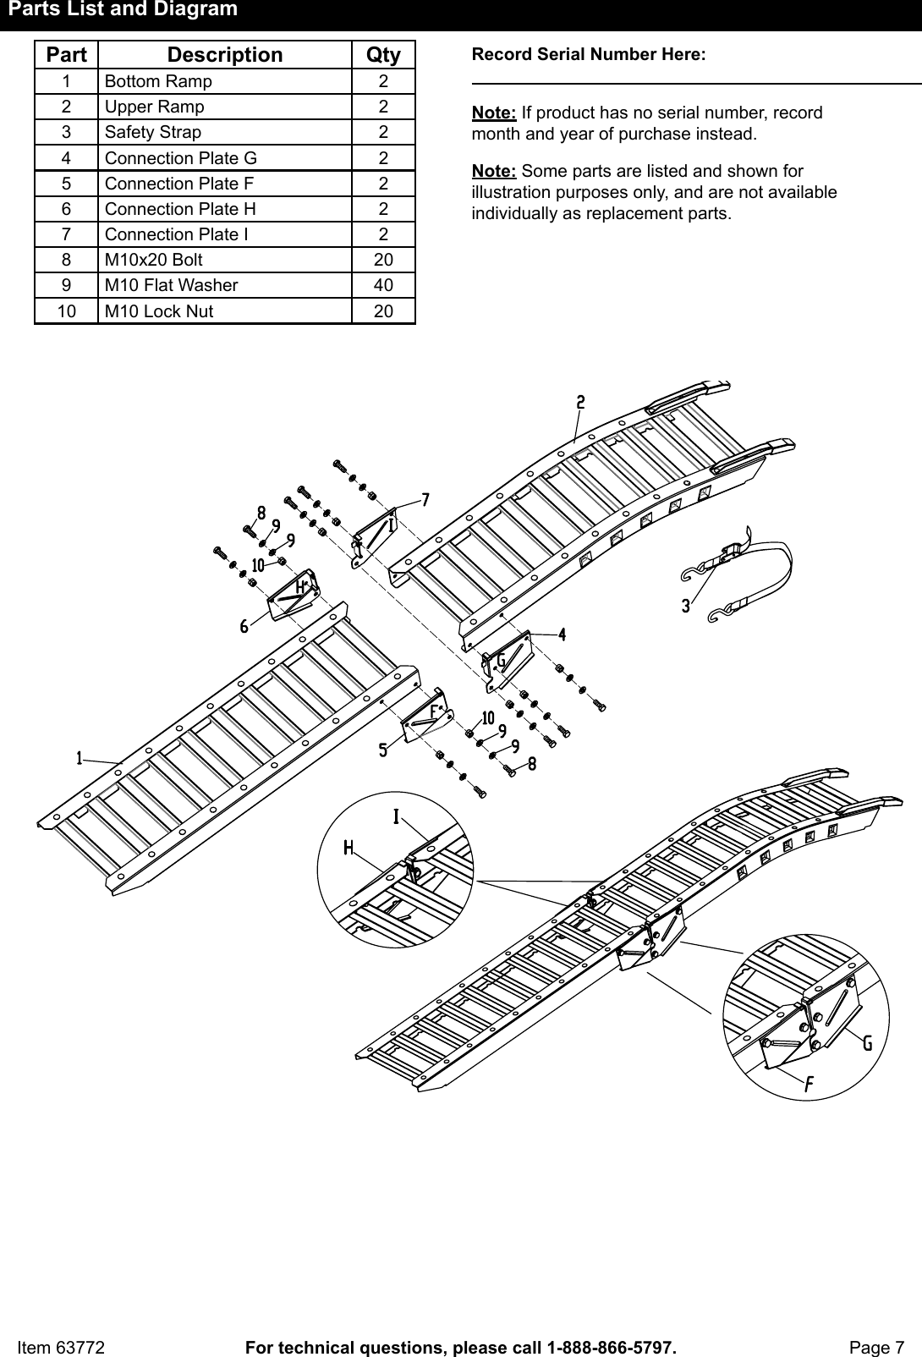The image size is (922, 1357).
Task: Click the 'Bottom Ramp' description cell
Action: pyautogui.click(x=158, y=82)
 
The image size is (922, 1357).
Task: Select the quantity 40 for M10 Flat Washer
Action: pyautogui.click(x=383, y=285)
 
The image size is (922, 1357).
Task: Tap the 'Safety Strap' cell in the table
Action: pyautogui.click(x=153, y=133)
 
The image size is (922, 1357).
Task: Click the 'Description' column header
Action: pyautogui.click(x=225, y=55)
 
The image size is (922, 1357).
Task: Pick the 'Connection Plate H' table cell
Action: pyautogui.click(x=180, y=209)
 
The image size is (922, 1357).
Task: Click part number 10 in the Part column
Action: pyautogui.click(x=66, y=311)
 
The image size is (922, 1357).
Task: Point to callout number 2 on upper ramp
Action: pyautogui.click(x=580, y=403)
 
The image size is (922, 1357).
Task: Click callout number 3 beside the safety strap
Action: pyautogui.click(x=685, y=607)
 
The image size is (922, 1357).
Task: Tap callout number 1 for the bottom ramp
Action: pyautogui.click(x=80, y=758)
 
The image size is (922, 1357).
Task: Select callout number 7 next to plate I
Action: pyautogui.click(x=425, y=500)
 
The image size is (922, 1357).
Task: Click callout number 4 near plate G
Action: pyautogui.click(x=562, y=634)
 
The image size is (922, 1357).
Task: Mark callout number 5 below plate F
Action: pyautogui.click(x=383, y=750)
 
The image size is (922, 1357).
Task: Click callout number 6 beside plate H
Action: pyautogui.click(x=244, y=626)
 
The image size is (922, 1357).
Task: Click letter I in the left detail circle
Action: pyautogui.click(x=396, y=816)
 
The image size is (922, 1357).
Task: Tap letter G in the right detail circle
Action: pyautogui.click(x=867, y=1044)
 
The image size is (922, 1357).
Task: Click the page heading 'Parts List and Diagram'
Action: pyautogui.click(x=123, y=10)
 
